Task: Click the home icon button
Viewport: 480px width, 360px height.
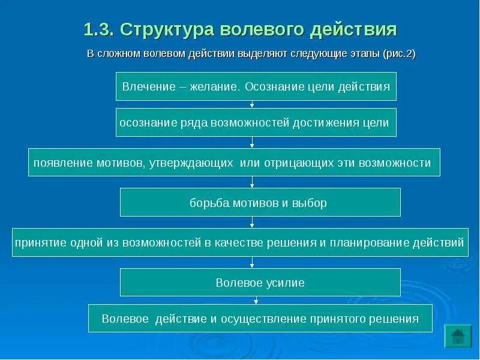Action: click(457, 335)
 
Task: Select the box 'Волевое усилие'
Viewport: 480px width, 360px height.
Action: click(260, 282)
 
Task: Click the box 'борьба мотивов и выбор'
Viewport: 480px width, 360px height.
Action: click(260, 202)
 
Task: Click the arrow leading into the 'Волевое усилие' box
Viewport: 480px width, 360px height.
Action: click(253, 263)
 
